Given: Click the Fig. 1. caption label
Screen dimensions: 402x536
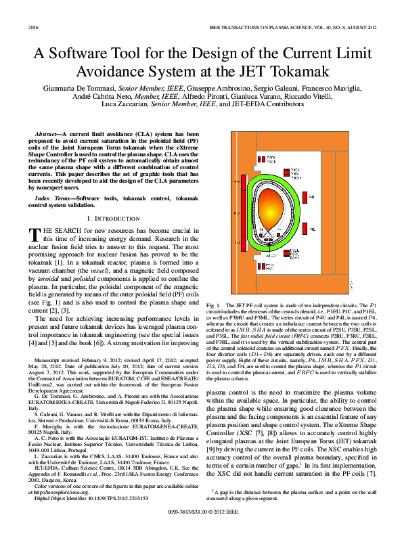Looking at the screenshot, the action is pos(216,307).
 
